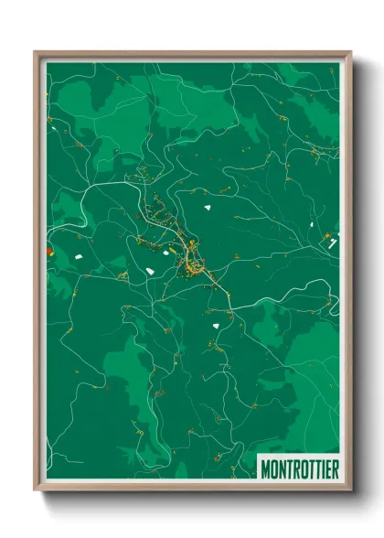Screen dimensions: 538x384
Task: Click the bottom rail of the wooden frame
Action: point(192,488)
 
